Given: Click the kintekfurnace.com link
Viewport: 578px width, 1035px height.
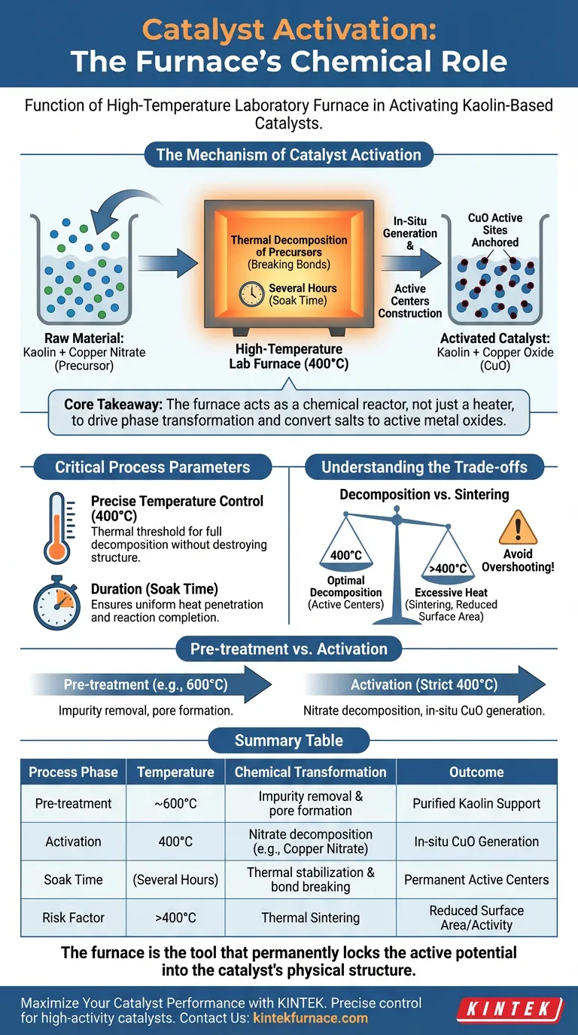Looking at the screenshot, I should click(x=310, y=1018).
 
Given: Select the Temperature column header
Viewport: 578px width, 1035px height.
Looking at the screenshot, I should click(x=175, y=772).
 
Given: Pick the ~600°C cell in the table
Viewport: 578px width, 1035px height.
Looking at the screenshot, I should click(x=175, y=803).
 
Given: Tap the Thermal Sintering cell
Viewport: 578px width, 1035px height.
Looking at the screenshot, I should click(x=310, y=918).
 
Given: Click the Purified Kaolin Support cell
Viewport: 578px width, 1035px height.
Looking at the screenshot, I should click(x=476, y=803).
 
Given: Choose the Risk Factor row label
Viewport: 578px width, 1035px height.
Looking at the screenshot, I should click(x=73, y=918).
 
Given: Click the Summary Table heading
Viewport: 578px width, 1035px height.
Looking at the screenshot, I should click(x=288, y=741).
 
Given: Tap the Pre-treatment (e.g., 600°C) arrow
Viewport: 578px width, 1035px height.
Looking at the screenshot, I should click(x=151, y=685).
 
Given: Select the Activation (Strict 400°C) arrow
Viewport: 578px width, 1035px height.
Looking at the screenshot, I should click(x=425, y=685).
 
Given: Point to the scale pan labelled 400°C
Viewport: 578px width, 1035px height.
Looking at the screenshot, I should click(x=346, y=557).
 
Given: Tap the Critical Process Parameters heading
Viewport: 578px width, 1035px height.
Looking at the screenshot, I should click(x=152, y=467).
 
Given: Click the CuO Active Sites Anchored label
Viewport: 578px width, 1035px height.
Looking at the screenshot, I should click(x=494, y=230).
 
